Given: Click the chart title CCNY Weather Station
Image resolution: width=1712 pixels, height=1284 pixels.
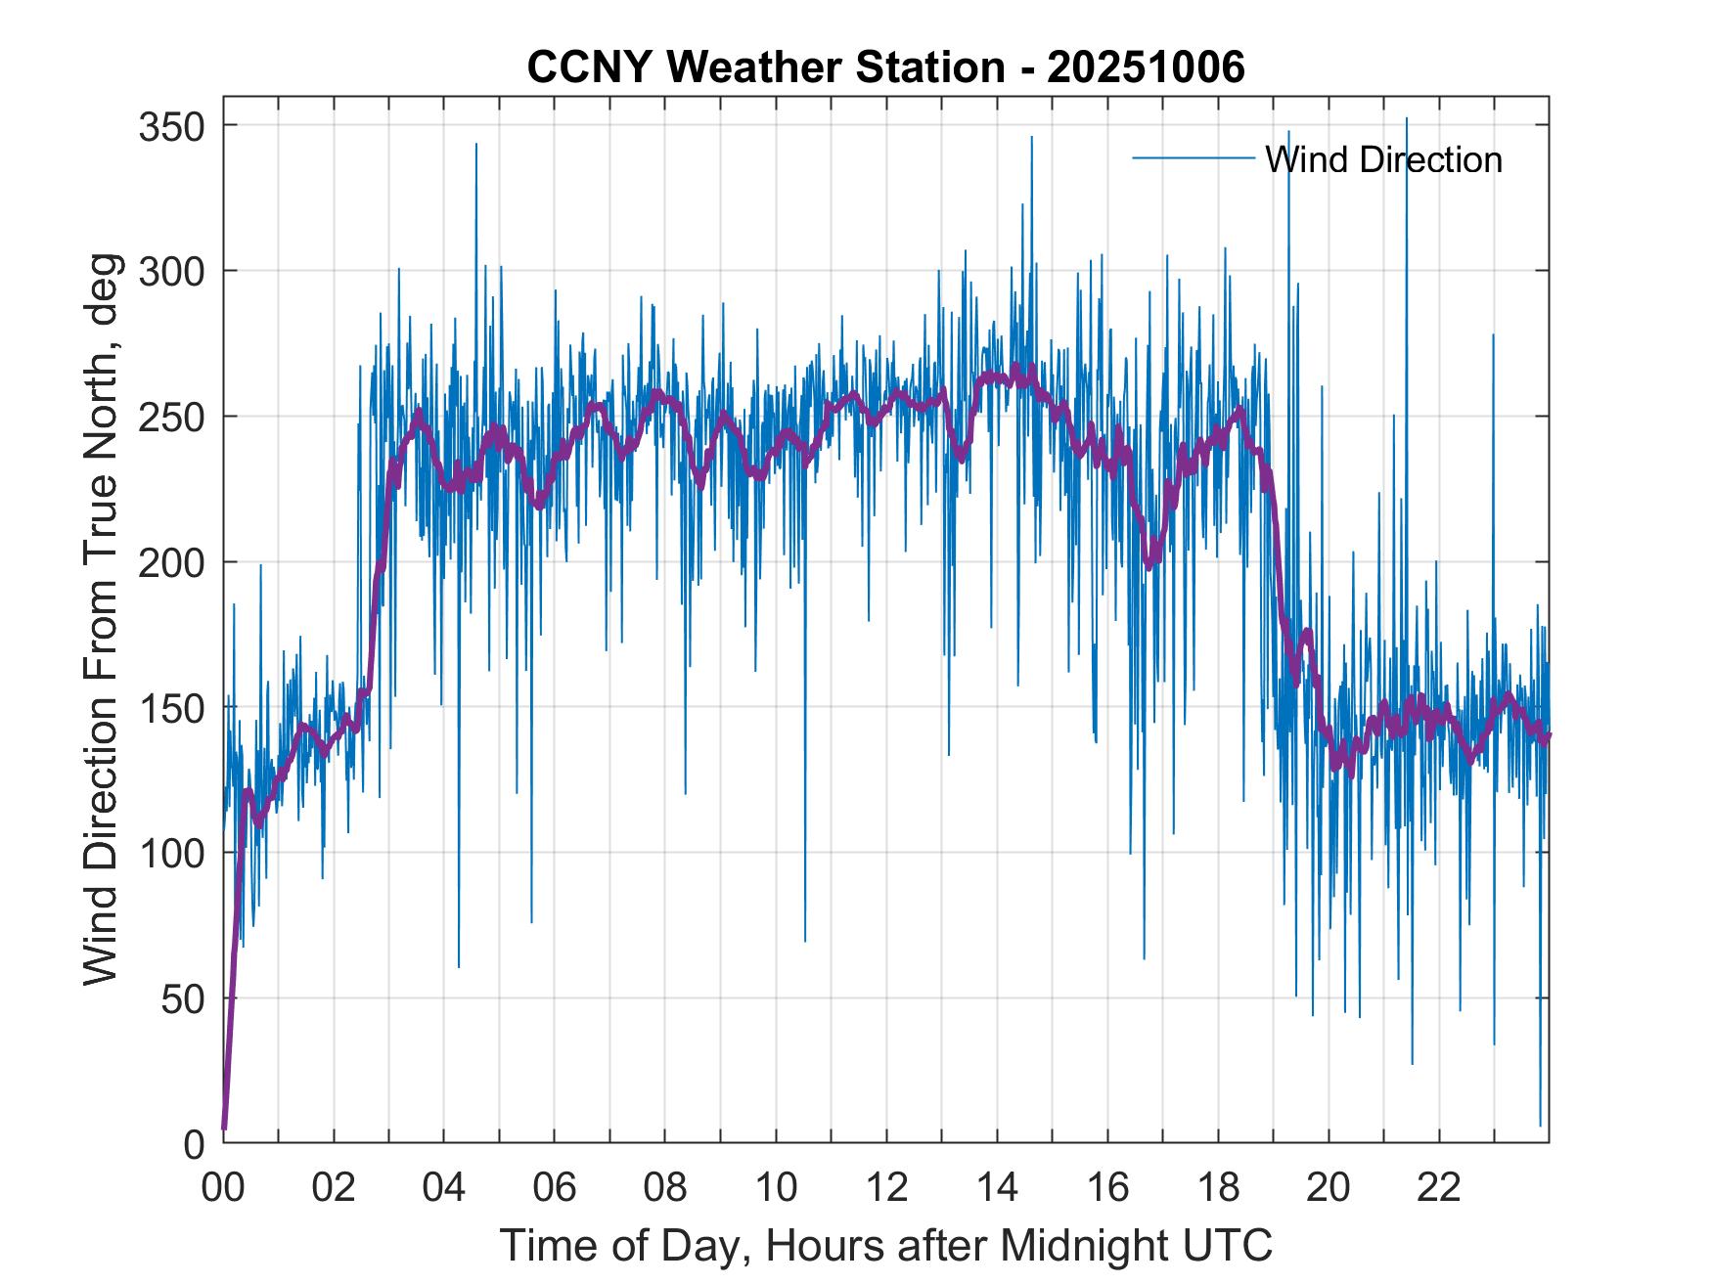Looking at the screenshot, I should click(x=765, y=67).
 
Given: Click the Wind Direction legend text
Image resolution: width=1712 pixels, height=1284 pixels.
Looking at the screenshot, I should click(x=1382, y=159).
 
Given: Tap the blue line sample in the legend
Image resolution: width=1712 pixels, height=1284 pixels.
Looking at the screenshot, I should click(x=1193, y=158).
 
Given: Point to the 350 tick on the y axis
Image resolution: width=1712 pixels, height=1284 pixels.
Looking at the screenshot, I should click(x=171, y=126).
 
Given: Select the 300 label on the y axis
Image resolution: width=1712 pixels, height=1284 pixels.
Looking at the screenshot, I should click(x=171, y=271).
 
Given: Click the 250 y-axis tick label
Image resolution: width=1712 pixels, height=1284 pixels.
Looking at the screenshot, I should click(x=171, y=417).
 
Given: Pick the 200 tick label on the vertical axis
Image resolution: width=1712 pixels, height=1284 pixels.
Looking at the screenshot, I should click(x=171, y=562).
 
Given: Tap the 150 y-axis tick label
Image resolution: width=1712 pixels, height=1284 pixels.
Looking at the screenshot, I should click(x=171, y=707).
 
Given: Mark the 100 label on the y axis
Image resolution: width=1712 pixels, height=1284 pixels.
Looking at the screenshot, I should click(x=171, y=853).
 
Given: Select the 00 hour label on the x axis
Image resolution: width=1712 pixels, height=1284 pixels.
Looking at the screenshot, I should click(x=223, y=1188).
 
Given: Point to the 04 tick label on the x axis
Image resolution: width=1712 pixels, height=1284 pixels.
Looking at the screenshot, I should click(x=444, y=1188).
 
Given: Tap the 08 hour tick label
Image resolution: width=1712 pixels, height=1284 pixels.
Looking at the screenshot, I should click(x=665, y=1188).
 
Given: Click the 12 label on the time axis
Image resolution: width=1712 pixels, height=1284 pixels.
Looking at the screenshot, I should click(x=886, y=1188).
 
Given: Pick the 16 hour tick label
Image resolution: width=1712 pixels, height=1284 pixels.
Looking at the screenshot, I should click(x=1107, y=1188).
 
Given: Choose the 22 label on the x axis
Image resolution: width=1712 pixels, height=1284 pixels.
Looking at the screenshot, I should click(x=1439, y=1188).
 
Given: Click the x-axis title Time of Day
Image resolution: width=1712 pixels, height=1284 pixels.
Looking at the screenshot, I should click(x=885, y=1246).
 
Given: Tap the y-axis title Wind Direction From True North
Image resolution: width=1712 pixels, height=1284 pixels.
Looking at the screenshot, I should click(x=102, y=619).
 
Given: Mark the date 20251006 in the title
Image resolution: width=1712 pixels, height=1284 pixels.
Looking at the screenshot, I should click(x=1146, y=67).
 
